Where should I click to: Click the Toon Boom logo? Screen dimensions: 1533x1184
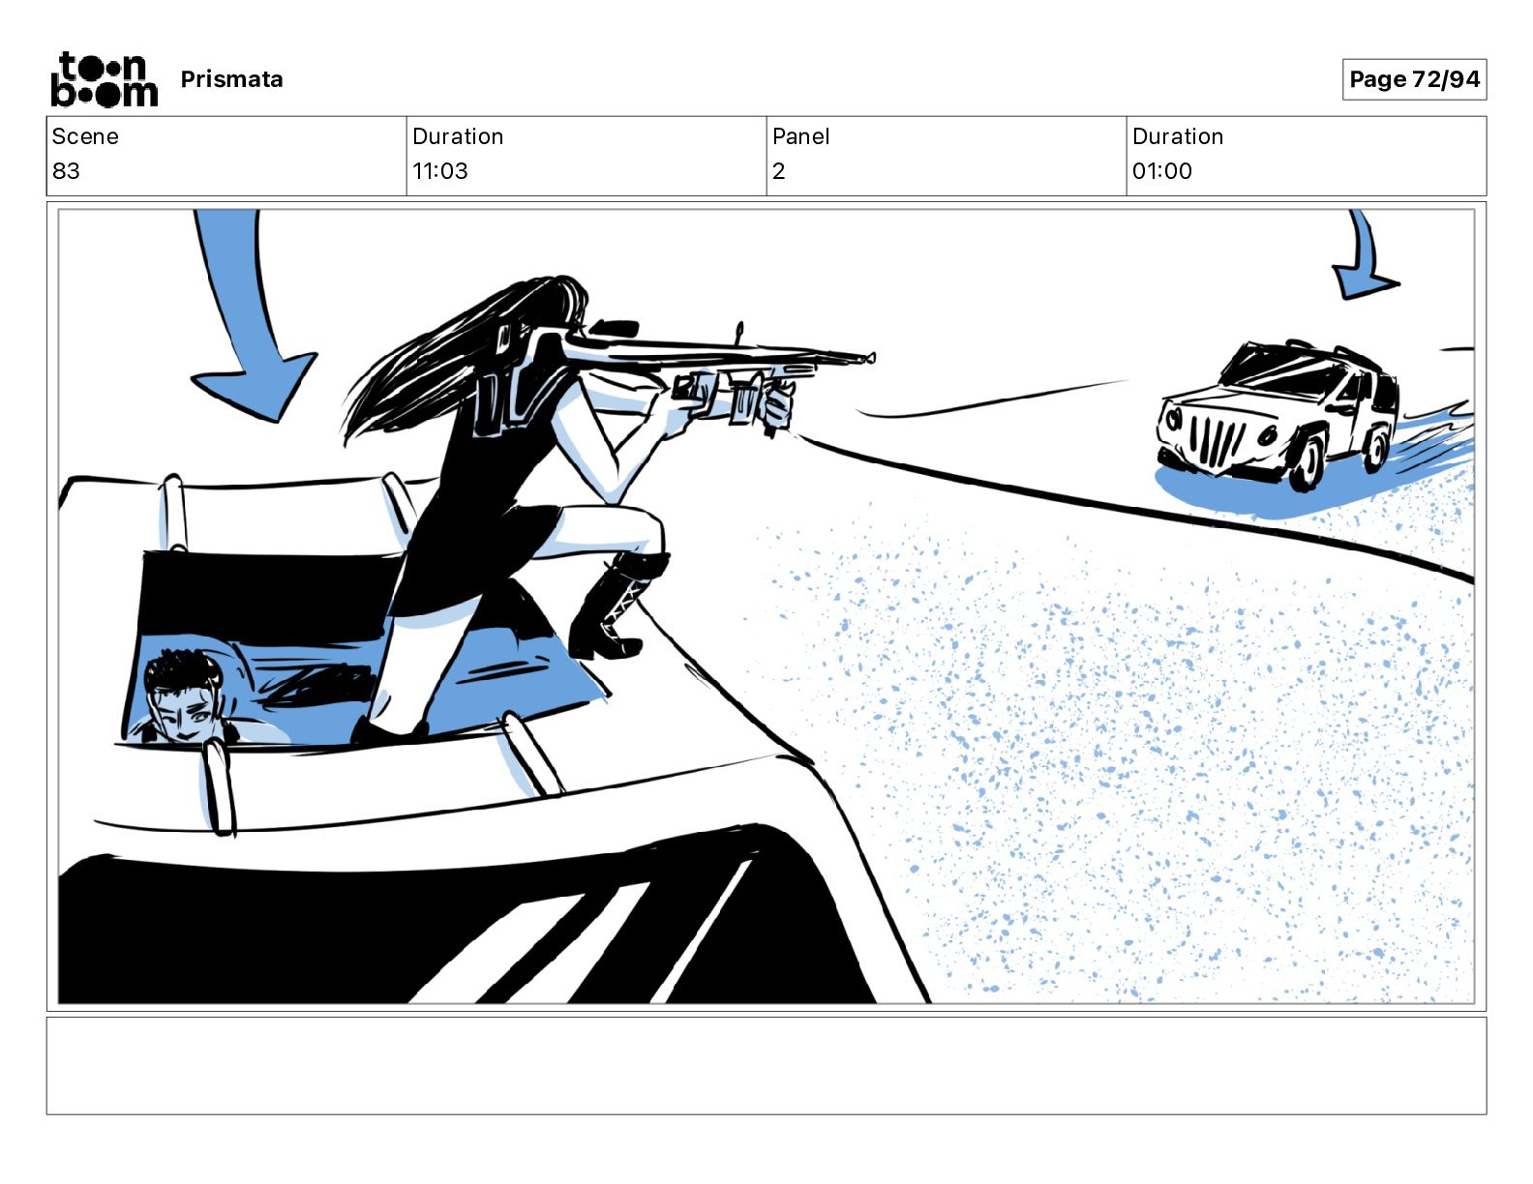pos(105,79)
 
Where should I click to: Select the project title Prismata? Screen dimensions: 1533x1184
pos(231,79)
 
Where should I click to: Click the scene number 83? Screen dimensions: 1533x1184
pos(66,170)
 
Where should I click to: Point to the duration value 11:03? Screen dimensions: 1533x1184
pos(439,170)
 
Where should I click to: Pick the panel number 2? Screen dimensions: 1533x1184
pos(778,170)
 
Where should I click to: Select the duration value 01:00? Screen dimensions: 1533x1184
pos(1161,170)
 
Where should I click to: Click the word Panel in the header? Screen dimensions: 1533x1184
pos(800,136)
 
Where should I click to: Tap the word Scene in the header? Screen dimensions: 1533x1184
pos(85,136)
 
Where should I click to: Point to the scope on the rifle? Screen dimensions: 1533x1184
pos(613,328)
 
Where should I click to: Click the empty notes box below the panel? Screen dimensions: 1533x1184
pos(766,1066)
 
